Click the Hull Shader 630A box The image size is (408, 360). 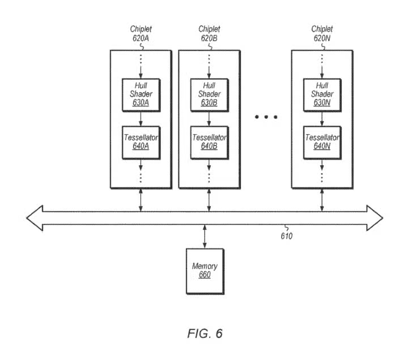[x=141, y=95]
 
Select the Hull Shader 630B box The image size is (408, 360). [x=210, y=95]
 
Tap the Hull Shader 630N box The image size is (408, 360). [x=322, y=95]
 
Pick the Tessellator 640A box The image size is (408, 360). [x=141, y=143]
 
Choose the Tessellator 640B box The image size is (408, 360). [x=210, y=143]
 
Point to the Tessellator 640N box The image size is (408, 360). [x=322, y=143]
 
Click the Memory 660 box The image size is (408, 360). [x=205, y=271]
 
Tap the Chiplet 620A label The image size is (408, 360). [x=141, y=33]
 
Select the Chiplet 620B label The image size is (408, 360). [x=209, y=33]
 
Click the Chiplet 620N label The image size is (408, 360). [x=322, y=33]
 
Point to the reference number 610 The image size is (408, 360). [x=287, y=236]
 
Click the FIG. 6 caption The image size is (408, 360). [x=205, y=333]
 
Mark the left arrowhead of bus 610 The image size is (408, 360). [x=35, y=218]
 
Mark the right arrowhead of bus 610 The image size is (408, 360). [x=375, y=218]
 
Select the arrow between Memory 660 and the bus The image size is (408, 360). [x=205, y=237]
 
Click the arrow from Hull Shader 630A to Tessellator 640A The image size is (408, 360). [x=141, y=119]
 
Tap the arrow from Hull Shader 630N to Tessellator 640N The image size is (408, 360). [x=322, y=119]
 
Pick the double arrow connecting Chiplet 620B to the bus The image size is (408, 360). [x=209, y=200]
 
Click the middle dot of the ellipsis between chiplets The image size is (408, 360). [x=266, y=117]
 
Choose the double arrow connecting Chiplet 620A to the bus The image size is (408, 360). [x=141, y=200]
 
